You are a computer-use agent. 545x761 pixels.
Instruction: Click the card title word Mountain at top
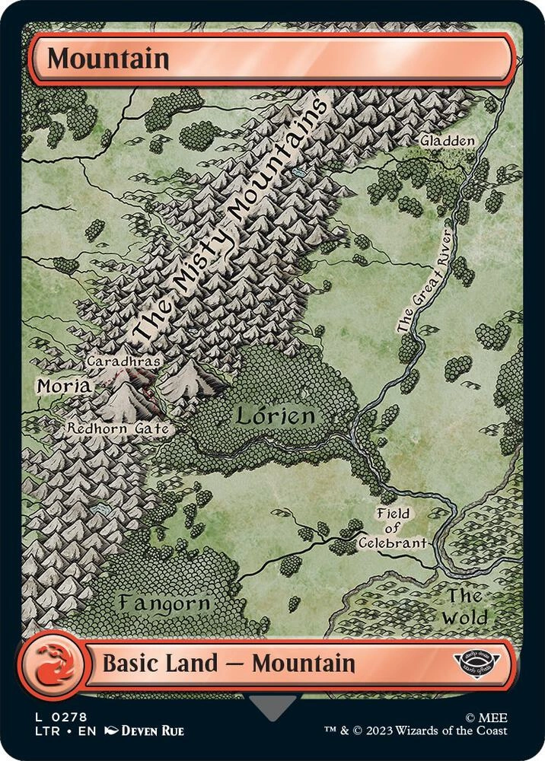[108, 59]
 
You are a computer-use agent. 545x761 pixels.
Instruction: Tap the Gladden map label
[448, 141]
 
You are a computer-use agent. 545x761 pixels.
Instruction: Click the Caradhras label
[115, 360]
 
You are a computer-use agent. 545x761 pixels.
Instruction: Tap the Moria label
[63, 387]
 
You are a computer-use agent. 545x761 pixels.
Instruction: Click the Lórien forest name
[274, 416]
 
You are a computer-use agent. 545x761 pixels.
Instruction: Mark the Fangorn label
[164, 603]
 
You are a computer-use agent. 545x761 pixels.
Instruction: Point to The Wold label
[466, 607]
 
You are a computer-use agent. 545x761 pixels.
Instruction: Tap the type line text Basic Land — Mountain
[228, 663]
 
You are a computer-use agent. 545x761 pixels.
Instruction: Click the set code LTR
[43, 731]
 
